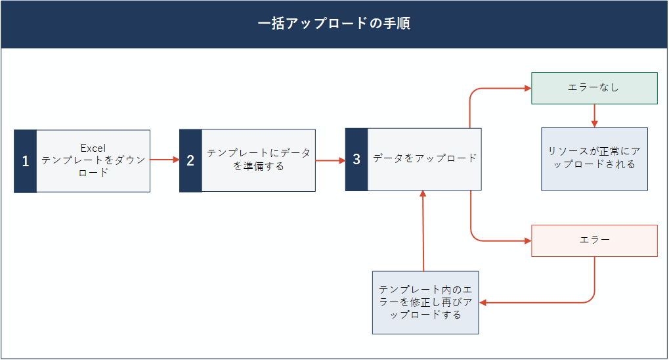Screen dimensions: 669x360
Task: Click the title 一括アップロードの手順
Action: pyautogui.click(x=334, y=23)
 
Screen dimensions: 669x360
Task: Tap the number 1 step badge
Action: pyautogui.click(x=25, y=161)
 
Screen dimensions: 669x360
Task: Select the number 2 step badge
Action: pyautogui.click(x=190, y=160)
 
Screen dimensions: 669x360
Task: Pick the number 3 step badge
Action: pyautogui.click(x=356, y=159)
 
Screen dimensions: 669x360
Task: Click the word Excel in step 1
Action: pyautogui.click(x=93, y=148)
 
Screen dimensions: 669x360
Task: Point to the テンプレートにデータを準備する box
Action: pyautogui.click(x=259, y=160)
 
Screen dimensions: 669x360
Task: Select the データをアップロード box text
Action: pyautogui.click(x=425, y=158)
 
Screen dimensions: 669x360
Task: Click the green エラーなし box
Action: pyautogui.click(x=594, y=89)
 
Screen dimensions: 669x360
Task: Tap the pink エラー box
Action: pyautogui.click(x=594, y=241)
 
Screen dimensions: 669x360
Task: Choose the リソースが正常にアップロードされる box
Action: pyautogui.click(x=594, y=159)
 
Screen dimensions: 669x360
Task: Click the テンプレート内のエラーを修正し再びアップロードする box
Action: pyautogui.click(x=425, y=302)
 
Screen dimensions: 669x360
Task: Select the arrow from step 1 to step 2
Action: pyautogui.click(x=165, y=160)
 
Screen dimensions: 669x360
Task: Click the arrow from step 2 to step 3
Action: pyautogui.click(x=331, y=160)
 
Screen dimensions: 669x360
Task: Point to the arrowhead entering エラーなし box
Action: pyautogui.click(x=528, y=89)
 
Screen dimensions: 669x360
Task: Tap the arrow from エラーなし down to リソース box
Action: pyautogui.click(x=594, y=116)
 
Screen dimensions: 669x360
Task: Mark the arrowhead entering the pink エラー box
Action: pyautogui.click(x=528, y=241)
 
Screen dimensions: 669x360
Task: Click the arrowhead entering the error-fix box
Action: pyautogui.click(x=483, y=303)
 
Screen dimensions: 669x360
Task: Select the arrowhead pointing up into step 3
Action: pyautogui.click(x=423, y=194)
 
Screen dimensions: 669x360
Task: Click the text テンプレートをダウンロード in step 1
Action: pyautogui.click(x=93, y=166)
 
